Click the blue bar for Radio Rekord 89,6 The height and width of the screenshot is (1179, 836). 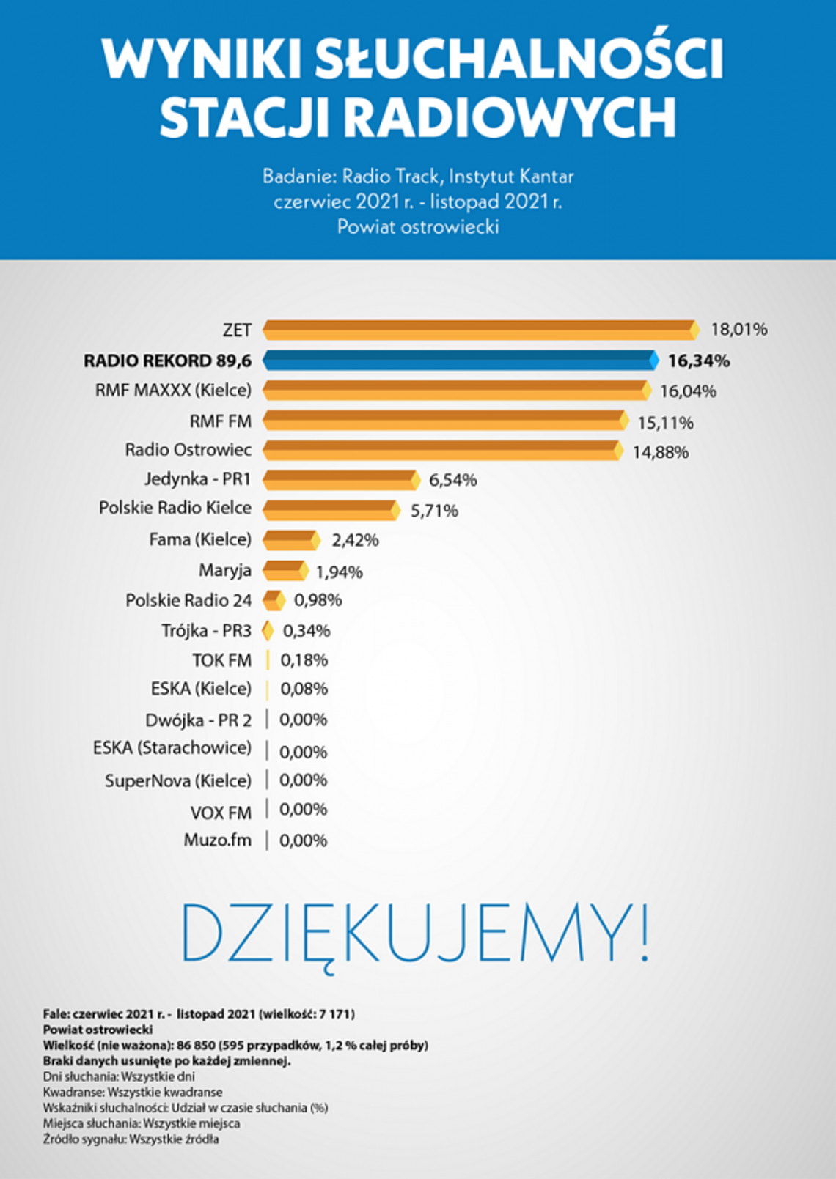(461, 360)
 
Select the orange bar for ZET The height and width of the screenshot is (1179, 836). (480, 330)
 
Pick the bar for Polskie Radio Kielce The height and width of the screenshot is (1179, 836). (331, 510)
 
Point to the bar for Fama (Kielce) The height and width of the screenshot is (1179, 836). (291, 540)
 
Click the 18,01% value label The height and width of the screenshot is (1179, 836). (738, 330)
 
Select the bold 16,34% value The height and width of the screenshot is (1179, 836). (698, 361)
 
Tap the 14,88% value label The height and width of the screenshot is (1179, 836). (660, 452)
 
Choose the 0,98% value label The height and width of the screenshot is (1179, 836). (318, 600)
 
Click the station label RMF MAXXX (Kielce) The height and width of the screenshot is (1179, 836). (173, 391)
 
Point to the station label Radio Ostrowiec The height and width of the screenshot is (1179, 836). (188, 450)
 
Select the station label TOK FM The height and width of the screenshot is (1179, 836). (221, 660)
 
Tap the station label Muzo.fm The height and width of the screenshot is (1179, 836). (217, 840)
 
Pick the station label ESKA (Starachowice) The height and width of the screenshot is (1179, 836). (172, 748)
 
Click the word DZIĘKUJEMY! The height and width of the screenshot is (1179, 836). (415, 933)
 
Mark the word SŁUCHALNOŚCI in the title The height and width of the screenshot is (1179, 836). (518, 59)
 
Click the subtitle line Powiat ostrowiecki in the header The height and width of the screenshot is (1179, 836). (418, 227)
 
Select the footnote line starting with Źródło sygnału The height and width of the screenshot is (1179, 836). (131, 1139)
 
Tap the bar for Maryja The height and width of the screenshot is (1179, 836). (285, 570)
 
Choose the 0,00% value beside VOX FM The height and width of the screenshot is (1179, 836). (303, 810)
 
